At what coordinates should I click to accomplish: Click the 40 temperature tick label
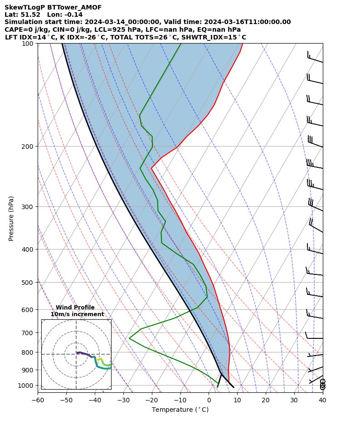point(322,400)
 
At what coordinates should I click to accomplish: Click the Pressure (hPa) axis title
point(11,218)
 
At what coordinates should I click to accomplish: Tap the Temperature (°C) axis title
point(180,410)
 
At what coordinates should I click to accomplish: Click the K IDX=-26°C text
point(73,37)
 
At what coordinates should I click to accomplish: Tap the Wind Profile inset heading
point(75,308)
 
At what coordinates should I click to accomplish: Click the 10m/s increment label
point(77,314)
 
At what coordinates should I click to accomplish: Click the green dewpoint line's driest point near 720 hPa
point(129,338)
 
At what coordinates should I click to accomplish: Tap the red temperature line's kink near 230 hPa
point(151,168)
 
